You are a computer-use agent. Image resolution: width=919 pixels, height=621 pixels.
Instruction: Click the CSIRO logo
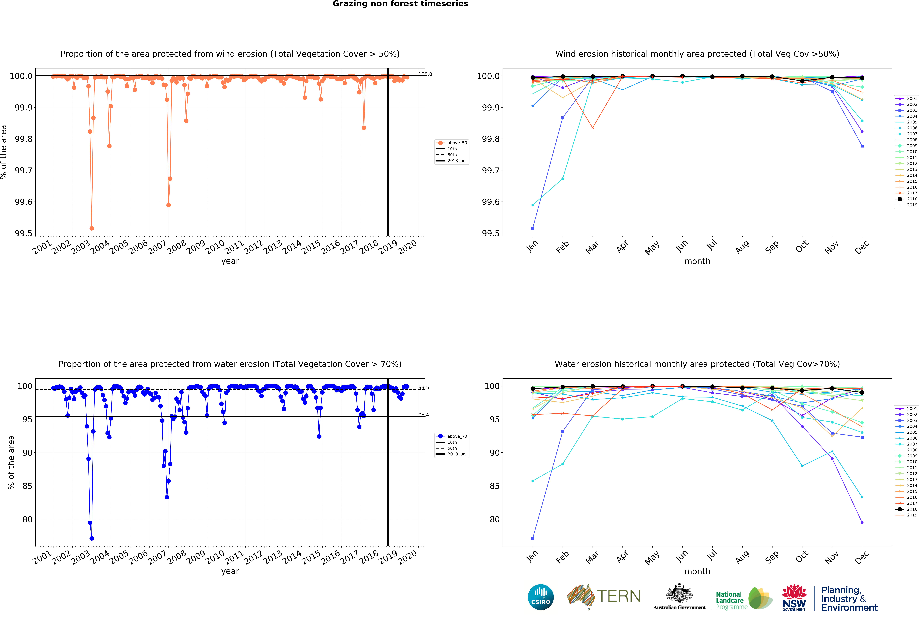(541, 597)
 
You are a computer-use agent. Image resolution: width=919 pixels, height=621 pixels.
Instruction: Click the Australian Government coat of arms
(679, 593)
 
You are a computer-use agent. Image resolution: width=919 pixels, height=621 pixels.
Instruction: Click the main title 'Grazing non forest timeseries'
(400, 4)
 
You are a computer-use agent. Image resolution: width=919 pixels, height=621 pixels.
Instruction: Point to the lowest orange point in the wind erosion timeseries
(92, 228)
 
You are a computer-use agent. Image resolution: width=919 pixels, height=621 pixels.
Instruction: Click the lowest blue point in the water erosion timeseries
(92, 538)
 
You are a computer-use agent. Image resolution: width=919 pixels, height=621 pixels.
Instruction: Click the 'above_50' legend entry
(457, 143)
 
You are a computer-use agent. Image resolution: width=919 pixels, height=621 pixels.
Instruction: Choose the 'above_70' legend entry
(457, 436)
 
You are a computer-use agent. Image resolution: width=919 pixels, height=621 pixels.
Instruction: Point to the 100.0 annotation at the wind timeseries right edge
(425, 74)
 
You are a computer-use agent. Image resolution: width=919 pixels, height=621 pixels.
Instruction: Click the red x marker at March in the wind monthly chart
(592, 128)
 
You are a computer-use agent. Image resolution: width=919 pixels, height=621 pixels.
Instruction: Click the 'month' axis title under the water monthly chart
(697, 571)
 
